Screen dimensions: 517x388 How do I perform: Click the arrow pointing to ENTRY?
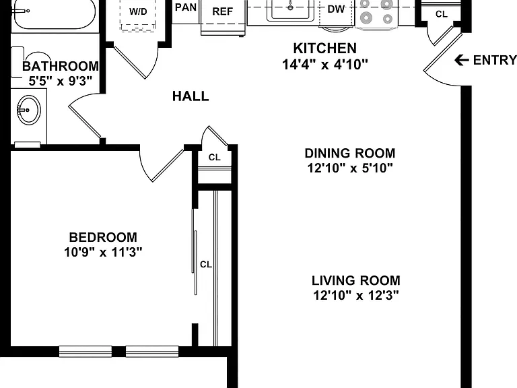point(462,60)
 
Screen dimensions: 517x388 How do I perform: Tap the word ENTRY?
point(495,60)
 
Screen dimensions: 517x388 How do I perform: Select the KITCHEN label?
point(325,48)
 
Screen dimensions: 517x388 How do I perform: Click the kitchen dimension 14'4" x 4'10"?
point(325,64)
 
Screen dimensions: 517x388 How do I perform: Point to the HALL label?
point(191,96)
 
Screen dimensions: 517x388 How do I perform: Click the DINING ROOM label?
point(350,154)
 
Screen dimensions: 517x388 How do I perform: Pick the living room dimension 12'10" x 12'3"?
point(356,295)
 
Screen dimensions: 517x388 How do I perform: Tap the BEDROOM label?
point(103,237)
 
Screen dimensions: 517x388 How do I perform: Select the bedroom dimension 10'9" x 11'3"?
point(103,252)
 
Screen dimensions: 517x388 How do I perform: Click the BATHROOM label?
point(61,66)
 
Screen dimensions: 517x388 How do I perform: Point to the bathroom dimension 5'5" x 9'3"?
point(60,81)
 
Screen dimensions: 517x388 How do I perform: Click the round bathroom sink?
point(29,110)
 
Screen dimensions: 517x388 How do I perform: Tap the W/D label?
point(138,12)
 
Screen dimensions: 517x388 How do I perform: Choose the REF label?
point(223,11)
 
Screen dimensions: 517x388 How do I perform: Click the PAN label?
point(186,7)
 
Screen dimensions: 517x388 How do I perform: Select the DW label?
point(336,9)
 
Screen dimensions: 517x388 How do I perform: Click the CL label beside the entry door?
point(442,14)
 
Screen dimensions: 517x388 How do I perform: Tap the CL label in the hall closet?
point(214,158)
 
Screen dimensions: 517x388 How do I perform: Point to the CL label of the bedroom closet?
point(206,264)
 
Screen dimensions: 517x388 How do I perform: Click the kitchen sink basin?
point(291,10)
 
